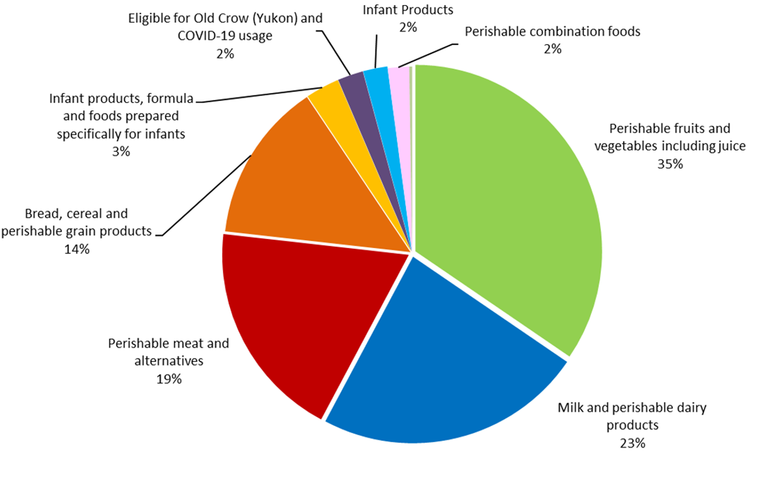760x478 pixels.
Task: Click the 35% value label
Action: point(670,164)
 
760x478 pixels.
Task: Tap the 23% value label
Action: point(632,444)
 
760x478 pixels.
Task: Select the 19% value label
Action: point(168,379)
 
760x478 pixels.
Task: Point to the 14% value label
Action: point(77,249)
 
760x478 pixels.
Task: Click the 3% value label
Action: point(121,151)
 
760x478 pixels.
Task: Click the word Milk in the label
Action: point(571,408)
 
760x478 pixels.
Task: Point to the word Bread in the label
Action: point(41,213)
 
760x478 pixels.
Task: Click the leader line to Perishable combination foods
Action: point(429,55)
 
